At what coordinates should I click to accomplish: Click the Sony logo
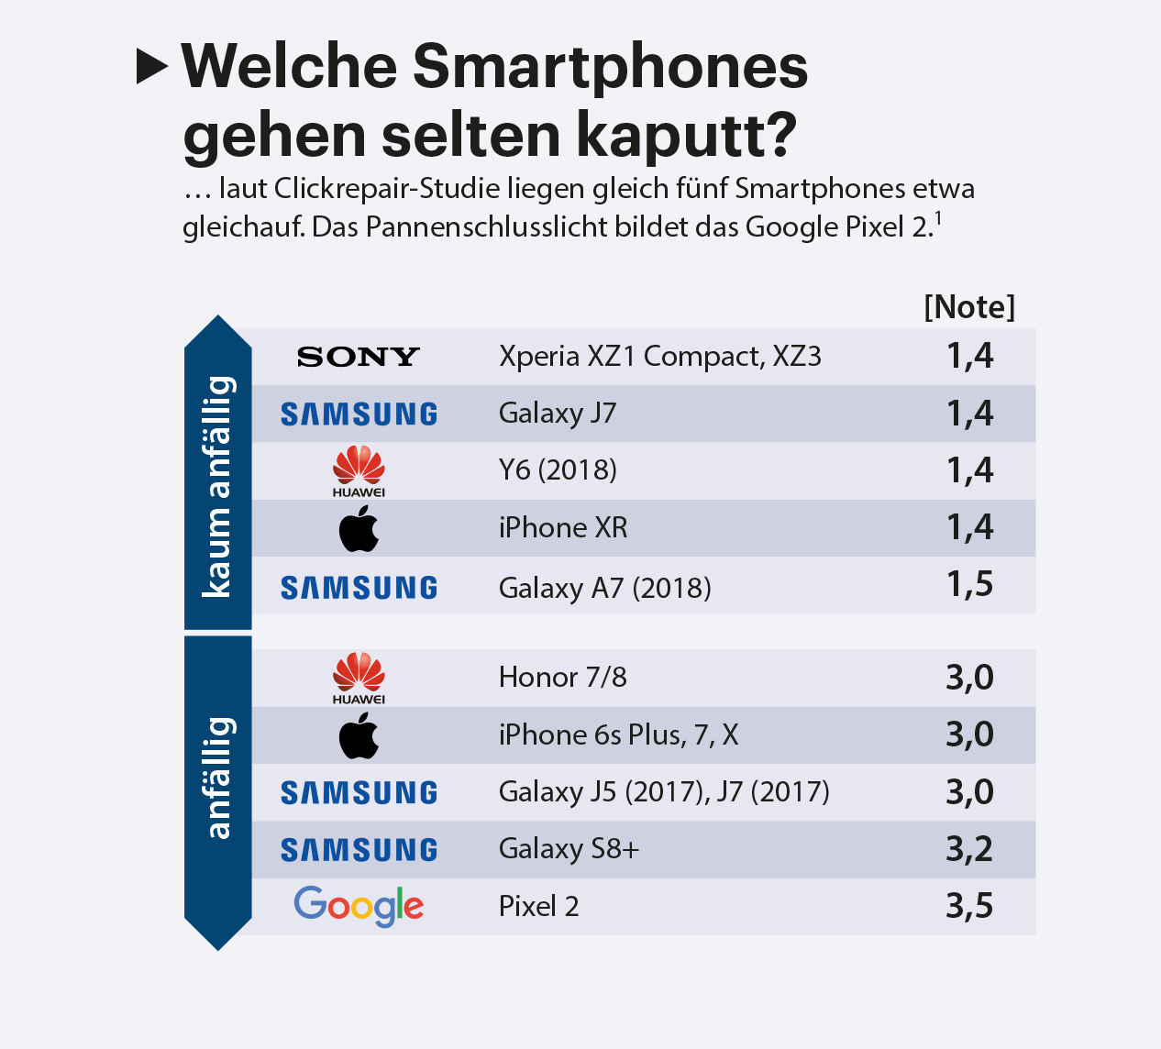[x=359, y=357]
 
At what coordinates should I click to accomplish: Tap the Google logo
[x=359, y=906]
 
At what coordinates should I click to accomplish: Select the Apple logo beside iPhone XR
[x=359, y=528]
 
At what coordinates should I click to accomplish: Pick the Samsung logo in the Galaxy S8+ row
[x=359, y=850]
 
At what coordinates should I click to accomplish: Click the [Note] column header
[x=969, y=306]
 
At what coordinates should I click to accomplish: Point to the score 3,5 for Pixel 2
[x=969, y=906]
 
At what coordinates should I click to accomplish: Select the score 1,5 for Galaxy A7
[x=969, y=585]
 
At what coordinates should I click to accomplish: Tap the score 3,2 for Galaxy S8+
[x=969, y=849]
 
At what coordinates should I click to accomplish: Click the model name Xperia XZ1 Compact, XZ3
[x=659, y=357]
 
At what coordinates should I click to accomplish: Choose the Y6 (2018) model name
[x=558, y=470]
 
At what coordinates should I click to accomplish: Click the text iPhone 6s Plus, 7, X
[x=618, y=735]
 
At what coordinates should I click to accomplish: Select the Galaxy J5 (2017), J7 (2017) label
[x=664, y=791]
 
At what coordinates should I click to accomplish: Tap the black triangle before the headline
[x=151, y=66]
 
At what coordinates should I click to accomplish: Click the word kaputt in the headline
[x=686, y=136]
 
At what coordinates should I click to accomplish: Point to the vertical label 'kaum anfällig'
[x=218, y=486]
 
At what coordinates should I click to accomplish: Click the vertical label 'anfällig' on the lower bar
[x=218, y=778]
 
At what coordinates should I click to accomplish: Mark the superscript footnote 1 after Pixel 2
[x=938, y=219]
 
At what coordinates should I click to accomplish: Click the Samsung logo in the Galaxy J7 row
[x=359, y=414]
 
